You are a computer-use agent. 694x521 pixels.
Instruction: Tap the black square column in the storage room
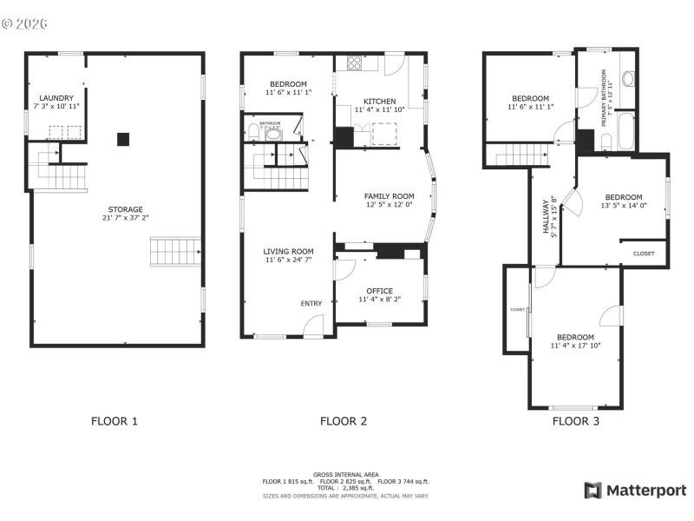pyautogui.click(x=123, y=137)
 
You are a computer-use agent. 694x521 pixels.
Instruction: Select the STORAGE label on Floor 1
pyautogui.click(x=125, y=209)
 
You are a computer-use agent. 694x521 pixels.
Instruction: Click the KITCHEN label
pyautogui.click(x=379, y=102)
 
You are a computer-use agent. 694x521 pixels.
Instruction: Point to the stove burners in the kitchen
pyautogui.click(x=355, y=63)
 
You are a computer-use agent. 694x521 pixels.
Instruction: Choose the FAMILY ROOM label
pyautogui.click(x=389, y=197)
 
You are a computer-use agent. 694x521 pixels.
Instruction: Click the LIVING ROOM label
pyautogui.click(x=288, y=252)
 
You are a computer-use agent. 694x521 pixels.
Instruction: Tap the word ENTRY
pyautogui.click(x=311, y=303)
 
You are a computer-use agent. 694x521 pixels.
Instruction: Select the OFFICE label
pyautogui.click(x=379, y=291)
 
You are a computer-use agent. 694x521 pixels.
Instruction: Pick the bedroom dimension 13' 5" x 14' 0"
pyautogui.click(x=624, y=206)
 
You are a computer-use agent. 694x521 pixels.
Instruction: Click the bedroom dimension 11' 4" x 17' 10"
pyautogui.click(x=575, y=346)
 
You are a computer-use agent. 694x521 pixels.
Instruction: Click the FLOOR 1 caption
pyautogui.click(x=115, y=421)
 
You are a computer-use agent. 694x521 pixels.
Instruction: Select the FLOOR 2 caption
pyautogui.click(x=344, y=421)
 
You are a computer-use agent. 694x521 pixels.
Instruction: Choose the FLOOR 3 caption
pyautogui.click(x=576, y=421)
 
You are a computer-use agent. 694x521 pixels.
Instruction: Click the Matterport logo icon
pyautogui.click(x=593, y=491)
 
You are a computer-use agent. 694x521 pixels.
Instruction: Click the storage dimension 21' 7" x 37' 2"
pyautogui.click(x=125, y=218)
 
